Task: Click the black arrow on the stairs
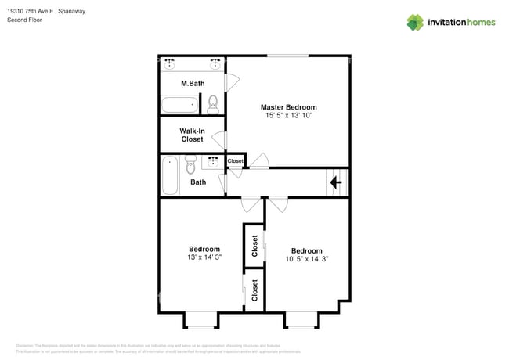click(336, 183)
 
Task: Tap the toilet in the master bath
click(213, 103)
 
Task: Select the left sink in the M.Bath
click(171, 63)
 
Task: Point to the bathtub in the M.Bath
click(179, 104)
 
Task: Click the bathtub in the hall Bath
click(170, 175)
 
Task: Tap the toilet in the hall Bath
click(190, 166)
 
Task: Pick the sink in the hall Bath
click(212, 161)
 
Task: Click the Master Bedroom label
click(289, 106)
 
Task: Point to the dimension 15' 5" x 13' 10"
click(289, 115)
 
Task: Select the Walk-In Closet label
click(192, 135)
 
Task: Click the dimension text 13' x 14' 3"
click(204, 257)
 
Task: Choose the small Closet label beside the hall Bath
click(236, 160)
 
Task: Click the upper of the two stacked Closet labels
click(254, 246)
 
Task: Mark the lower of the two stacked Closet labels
click(254, 290)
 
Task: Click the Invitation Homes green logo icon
click(415, 22)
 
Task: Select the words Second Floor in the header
click(25, 20)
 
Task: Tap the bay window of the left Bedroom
click(200, 320)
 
